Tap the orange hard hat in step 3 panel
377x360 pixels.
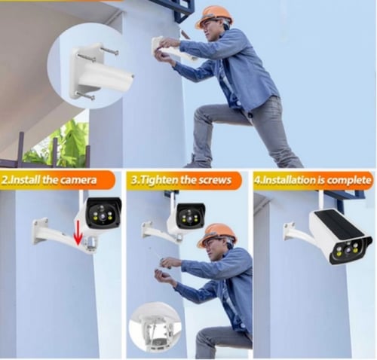(x=216, y=235)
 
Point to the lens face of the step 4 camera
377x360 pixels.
(x=351, y=249)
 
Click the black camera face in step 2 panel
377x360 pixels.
(x=104, y=212)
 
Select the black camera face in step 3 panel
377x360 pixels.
(x=191, y=215)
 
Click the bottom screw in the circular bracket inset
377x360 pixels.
(x=86, y=96)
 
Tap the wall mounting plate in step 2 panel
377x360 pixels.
(x=39, y=230)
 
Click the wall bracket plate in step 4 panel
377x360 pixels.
(x=290, y=230)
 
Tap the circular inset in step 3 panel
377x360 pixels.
(x=155, y=327)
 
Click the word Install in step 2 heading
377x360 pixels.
(x=24, y=180)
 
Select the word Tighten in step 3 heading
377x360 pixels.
(x=160, y=181)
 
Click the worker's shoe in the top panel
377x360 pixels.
(x=195, y=162)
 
